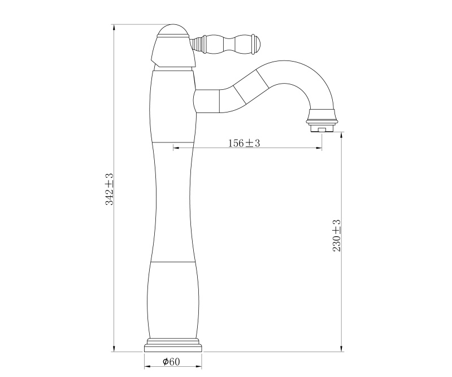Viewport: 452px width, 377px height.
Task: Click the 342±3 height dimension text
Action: [110, 189]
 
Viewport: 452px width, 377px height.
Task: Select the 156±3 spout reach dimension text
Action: [244, 143]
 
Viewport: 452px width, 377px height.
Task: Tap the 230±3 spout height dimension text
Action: [337, 236]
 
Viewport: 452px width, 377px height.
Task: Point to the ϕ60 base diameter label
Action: [171, 361]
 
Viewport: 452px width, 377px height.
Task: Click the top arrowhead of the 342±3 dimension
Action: [114, 27]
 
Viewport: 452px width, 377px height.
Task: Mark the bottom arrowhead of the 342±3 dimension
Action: [114, 349]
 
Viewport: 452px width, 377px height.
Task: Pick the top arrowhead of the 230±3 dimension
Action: [342, 135]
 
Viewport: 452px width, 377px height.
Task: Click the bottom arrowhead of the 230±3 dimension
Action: [342, 349]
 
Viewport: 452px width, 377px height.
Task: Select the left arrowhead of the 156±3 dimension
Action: [176, 148]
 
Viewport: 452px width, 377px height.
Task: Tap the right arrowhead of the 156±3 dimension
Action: [319, 148]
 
